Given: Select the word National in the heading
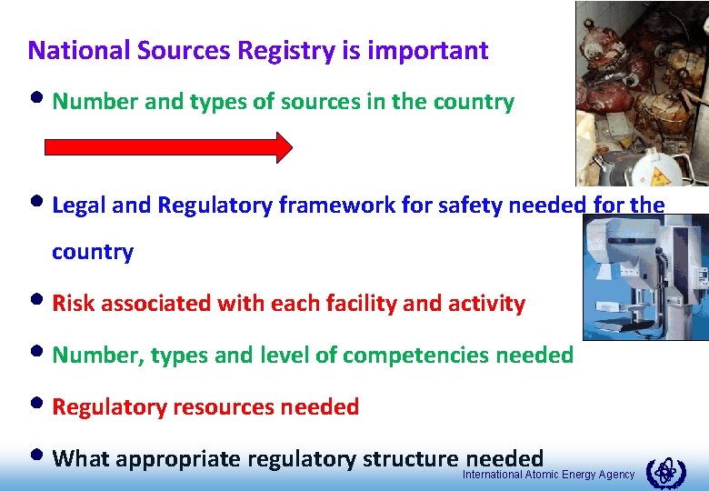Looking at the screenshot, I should click(79, 50).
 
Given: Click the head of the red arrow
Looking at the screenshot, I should click(283, 146).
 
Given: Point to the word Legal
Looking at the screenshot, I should click(80, 205).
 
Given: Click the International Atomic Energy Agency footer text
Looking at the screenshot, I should click(548, 476).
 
